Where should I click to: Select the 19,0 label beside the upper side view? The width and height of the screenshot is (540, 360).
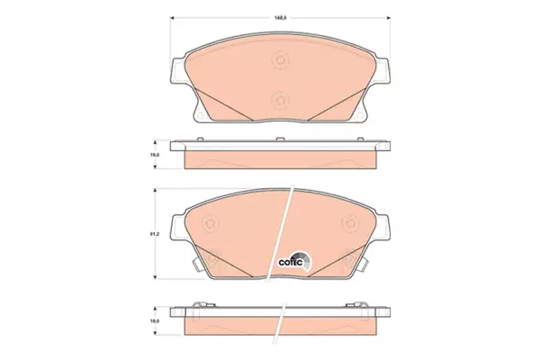pos(155,155)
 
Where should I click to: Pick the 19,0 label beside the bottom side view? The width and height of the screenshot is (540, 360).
pos(155,320)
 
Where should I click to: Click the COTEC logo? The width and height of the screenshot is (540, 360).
pos(295,261)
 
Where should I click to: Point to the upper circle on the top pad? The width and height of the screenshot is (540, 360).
pos(280,60)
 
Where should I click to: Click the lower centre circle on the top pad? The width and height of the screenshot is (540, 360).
pos(280,101)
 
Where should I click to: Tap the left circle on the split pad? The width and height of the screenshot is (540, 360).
pos(210,223)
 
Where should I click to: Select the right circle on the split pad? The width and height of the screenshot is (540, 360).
pos(350,223)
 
